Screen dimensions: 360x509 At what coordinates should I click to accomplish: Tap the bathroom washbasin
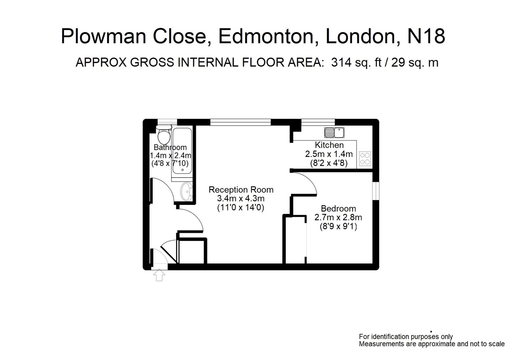click(186, 192)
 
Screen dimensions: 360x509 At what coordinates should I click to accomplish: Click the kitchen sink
click(334, 133)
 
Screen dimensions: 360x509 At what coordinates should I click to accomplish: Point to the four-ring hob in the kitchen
click(365, 159)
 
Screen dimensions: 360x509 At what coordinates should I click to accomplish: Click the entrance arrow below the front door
click(159, 275)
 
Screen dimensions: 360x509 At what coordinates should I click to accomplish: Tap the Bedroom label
click(338, 209)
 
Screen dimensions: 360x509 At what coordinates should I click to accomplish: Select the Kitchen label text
click(329, 145)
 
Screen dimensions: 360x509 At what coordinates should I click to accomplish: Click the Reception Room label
click(241, 190)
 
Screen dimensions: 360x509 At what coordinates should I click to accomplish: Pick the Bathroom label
click(170, 147)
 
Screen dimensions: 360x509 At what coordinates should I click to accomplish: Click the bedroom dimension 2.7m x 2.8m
click(338, 218)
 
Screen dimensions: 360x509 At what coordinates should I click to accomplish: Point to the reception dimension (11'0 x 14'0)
click(241, 208)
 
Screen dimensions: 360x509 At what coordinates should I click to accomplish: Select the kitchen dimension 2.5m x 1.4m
click(329, 154)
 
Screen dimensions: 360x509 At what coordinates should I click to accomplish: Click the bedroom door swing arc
click(309, 182)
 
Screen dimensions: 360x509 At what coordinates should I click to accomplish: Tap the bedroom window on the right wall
click(376, 191)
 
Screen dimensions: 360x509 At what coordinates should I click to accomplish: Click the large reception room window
click(240, 122)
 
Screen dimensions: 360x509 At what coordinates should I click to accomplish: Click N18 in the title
click(426, 36)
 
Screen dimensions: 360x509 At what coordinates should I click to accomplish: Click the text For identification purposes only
click(406, 337)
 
